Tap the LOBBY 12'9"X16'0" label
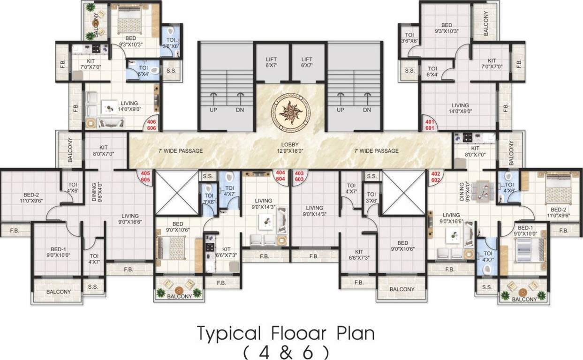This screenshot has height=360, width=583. click(291, 148)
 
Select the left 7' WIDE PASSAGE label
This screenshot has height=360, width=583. click(181, 151)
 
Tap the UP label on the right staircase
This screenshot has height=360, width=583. click(341, 110)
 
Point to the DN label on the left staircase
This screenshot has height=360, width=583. click(240, 110)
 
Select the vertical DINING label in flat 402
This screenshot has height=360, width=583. click(462, 192)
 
